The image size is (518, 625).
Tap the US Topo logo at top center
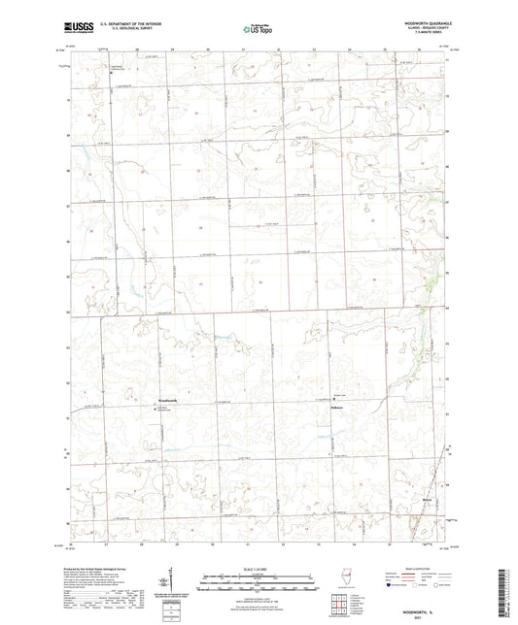tap(255, 28)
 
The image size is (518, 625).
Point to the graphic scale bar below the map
tap(258, 585)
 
